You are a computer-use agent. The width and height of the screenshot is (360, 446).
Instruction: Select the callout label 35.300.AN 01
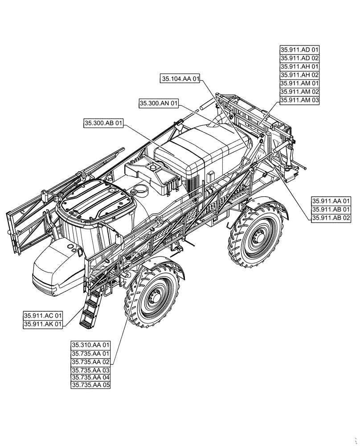[159, 103]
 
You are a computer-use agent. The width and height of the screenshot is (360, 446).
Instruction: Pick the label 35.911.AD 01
[300, 50]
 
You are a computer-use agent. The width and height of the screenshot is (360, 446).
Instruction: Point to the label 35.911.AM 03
[300, 100]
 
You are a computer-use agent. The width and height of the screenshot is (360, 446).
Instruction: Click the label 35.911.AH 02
[300, 75]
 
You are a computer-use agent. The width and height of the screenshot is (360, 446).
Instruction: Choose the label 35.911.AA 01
[331, 201]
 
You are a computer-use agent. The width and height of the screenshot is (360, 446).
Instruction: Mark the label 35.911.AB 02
[331, 218]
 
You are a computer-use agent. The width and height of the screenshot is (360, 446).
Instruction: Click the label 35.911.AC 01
[43, 316]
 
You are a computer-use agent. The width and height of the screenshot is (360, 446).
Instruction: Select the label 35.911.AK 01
[43, 324]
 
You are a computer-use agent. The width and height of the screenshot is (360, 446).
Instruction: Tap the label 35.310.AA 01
[90, 345]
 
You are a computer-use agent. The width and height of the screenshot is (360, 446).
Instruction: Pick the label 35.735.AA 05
[90, 385]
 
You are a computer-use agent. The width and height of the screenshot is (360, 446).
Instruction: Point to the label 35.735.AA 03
[90, 370]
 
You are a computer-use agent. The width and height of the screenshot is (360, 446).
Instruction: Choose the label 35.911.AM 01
[300, 83]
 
